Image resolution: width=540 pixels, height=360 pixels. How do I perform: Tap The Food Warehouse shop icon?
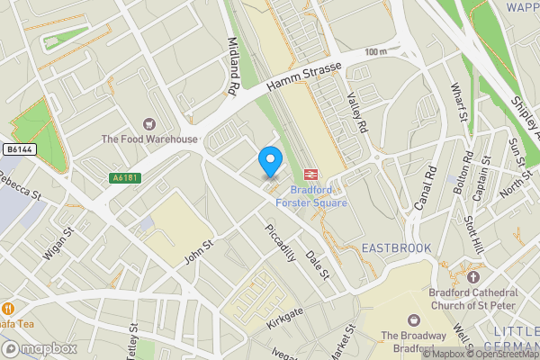pyautogui.click(x=148, y=122)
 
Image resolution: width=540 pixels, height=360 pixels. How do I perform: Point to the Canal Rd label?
pyautogui.click(x=423, y=190)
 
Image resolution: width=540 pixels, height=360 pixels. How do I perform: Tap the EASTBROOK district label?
pyautogui.click(x=396, y=247)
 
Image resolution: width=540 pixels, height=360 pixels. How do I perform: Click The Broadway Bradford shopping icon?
pyautogui.click(x=413, y=319)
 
